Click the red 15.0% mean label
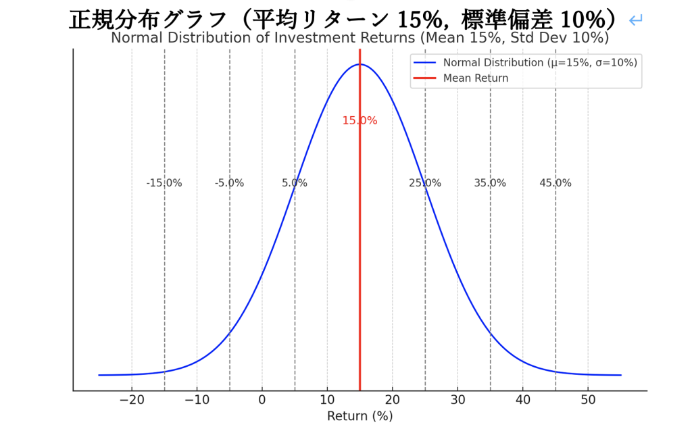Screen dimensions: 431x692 point(360,121)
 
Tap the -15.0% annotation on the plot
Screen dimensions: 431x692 point(164,183)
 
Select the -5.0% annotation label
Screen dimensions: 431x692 point(229,183)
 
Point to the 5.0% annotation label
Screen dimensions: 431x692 point(295,183)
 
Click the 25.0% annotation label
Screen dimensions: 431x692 point(425,183)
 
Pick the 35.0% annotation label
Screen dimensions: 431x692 point(490,183)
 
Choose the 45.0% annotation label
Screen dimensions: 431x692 point(555,183)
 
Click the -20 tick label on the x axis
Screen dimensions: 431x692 point(132,399)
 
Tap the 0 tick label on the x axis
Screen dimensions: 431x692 point(262,399)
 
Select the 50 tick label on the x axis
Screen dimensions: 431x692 point(588,399)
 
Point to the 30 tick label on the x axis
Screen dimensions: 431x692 point(458,399)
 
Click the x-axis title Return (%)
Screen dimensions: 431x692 point(360,416)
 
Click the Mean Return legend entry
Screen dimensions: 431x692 point(476,78)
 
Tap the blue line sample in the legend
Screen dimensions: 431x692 point(425,63)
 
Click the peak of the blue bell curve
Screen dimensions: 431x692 point(360,64)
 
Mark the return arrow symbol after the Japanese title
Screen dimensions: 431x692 point(635,21)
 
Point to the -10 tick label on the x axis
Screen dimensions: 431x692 point(197,399)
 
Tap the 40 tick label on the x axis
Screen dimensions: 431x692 point(522,399)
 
